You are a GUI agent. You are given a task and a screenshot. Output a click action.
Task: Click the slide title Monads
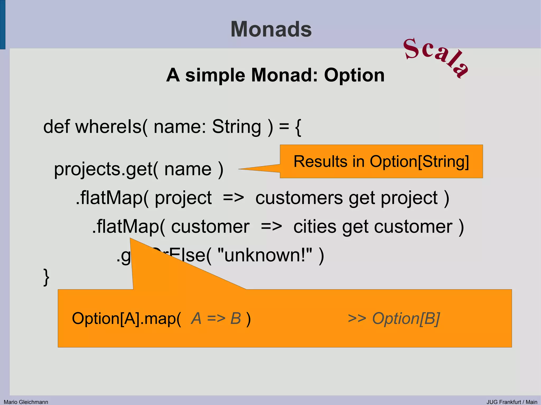271,29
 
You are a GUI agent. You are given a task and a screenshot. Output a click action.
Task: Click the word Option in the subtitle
354,75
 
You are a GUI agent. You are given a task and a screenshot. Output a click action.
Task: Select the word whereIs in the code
109,127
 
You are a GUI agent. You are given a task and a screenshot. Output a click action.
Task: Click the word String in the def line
236,127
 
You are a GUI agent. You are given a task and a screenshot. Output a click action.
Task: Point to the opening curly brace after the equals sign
298,127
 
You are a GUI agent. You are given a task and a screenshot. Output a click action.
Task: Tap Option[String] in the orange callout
419,161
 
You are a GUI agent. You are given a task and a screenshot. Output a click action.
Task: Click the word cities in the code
315,227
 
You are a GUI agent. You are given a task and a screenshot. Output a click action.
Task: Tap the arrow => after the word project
233,198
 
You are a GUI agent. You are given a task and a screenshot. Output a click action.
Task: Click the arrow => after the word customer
271,227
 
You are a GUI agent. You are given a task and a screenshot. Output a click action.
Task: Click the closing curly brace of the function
46,277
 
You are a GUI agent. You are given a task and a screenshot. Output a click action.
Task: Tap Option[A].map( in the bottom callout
127,318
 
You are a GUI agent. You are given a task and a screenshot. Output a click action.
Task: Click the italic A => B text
216,318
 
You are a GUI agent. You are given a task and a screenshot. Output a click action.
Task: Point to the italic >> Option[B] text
394,318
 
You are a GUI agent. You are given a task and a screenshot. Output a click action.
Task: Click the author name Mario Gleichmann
26,402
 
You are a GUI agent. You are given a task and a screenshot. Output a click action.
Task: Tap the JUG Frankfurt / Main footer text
512,402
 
